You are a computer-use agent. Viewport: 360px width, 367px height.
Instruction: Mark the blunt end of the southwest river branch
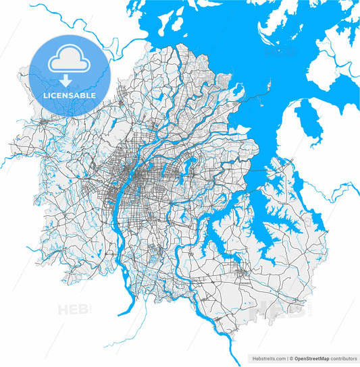120,314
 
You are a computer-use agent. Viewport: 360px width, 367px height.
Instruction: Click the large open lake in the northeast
223,40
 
